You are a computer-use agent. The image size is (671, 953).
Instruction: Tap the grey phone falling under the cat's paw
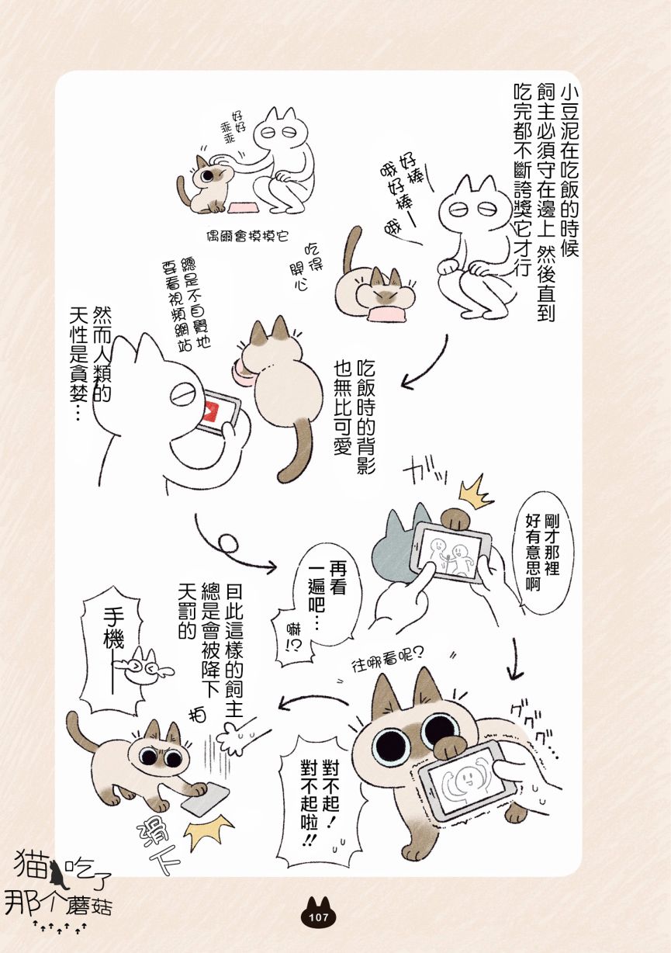tap(206, 799)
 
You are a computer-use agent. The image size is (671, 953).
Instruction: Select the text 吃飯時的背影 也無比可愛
tap(354, 417)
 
